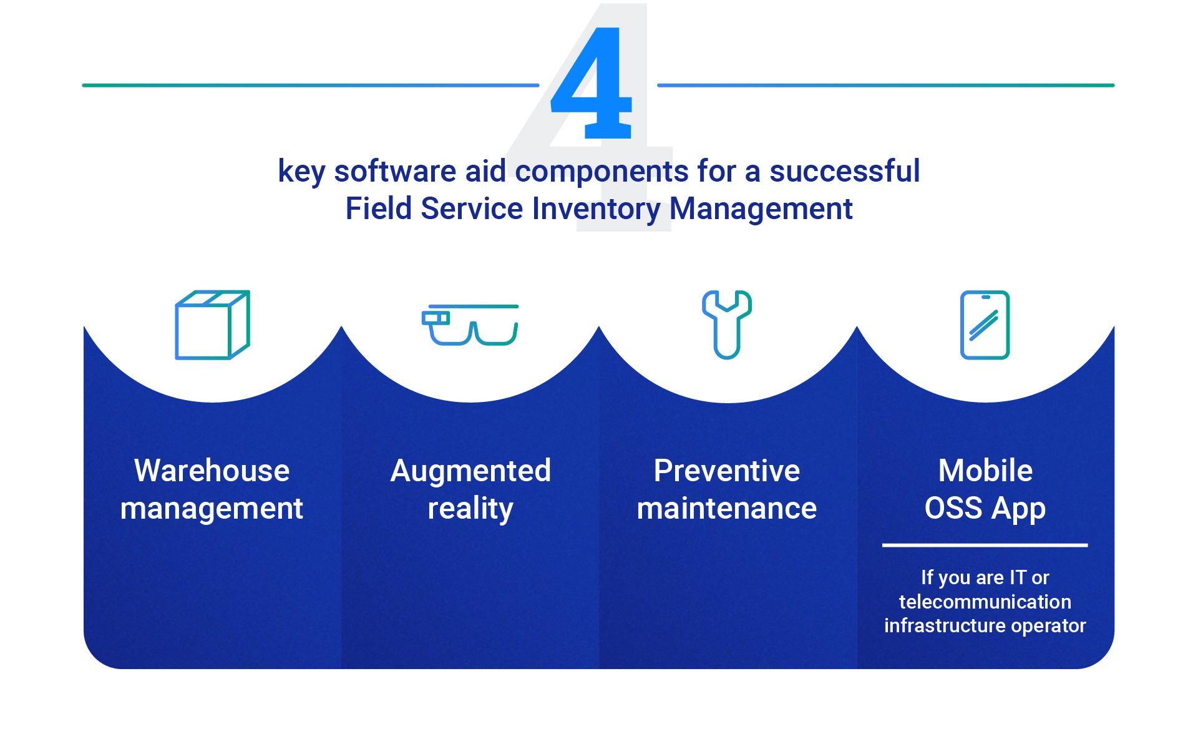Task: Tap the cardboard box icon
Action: tap(212, 325)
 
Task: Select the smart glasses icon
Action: tap(470, 325)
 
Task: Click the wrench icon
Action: tap(727, 325)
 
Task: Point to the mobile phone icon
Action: tap(985, 325)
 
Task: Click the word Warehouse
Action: tap(212, 471)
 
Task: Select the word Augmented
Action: tap(470, 471)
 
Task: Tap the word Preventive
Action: tap(726, 471)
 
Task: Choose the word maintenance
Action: tap(726, 508)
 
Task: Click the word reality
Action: tap(470, 508)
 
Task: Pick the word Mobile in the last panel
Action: tap(985, 471)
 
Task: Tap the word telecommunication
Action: tap(985, 602)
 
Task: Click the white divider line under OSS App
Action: tap(985, 545)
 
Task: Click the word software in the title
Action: tap(395, 171)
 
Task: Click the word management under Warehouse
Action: tap(212, 508)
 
